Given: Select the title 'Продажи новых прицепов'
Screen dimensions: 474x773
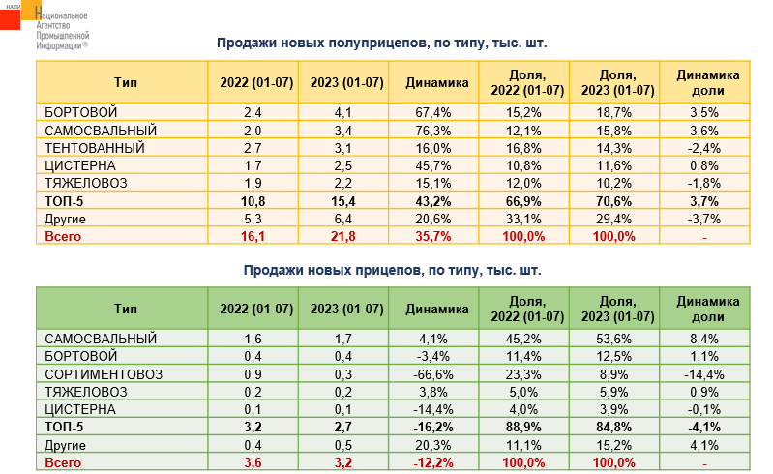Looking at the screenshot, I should pos(392,270).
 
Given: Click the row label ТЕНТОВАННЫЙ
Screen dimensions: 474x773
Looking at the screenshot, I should pos(95,147).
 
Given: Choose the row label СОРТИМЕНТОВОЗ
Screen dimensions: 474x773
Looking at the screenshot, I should pos(103,373).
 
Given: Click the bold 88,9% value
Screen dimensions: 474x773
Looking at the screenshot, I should pos(524,427).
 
